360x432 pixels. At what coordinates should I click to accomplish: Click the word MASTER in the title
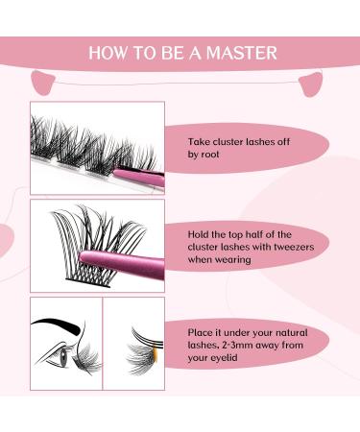(x=246, y=53)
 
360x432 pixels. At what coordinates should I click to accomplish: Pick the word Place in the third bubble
(x=203, y=330)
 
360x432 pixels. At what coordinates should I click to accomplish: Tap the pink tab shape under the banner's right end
(x=312, y=84)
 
